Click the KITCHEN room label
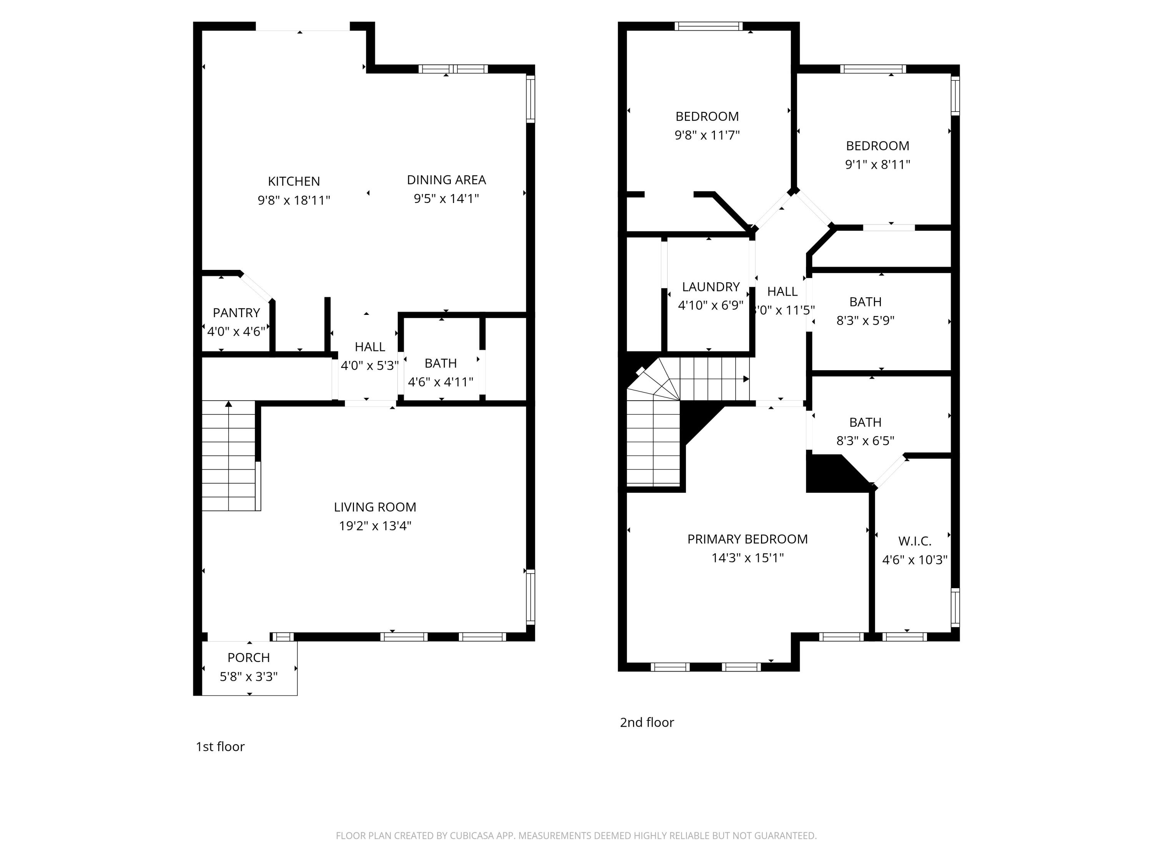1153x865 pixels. click(x=294, y=181)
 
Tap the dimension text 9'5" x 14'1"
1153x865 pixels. click(x=446, y=199)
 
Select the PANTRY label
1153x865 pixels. click(x=236, y=313)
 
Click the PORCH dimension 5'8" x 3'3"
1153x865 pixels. click(x=249, y=677)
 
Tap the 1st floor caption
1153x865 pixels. click(x=220, y=747)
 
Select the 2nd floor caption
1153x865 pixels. click(x=646, y=722)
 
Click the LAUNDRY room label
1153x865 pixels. click(x=711, y=287)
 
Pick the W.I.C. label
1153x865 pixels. click(x=914, y=541)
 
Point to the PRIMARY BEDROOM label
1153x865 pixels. click(x=747, y=539)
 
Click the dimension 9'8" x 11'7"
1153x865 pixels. click(x=707, y=135)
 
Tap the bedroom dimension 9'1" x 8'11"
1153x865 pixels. click(x=877, y=164)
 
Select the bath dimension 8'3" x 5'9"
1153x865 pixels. click(x=865, y=321)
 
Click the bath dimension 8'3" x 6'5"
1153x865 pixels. click(x=865, y=441)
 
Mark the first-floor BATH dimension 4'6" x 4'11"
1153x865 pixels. click(x=440, y=382)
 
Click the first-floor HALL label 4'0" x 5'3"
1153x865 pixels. click(x=370, y=347)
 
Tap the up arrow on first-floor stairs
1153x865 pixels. click(x=228, y=404)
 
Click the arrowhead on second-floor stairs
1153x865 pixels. click(x=746, y=379)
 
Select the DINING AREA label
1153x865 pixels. click(x=446, y=180)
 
